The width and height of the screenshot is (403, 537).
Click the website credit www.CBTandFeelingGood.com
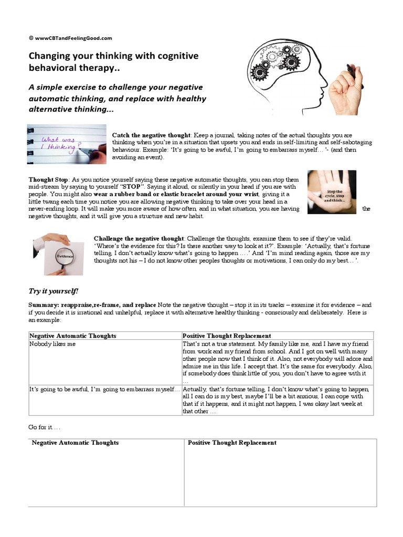click(x=70, y=38)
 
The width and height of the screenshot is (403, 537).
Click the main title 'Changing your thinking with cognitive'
click(x=113, y=56)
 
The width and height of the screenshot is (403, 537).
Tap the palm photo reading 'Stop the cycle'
click(x=332, y=192)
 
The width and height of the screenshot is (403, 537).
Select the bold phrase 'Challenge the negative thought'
click(x=139, y=239)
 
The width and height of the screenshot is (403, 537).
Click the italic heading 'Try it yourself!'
click(x=53, y=291)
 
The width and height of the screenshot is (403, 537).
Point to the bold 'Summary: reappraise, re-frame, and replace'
click(x=92, y=305)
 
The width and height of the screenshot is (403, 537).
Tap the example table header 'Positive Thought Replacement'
click(x=226, y=336)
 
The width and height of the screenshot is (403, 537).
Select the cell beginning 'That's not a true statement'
click(x=276, y=361)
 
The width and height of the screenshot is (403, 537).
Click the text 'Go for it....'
click(x=41, y=428)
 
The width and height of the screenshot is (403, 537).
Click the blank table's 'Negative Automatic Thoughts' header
click(x=75, y=443)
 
